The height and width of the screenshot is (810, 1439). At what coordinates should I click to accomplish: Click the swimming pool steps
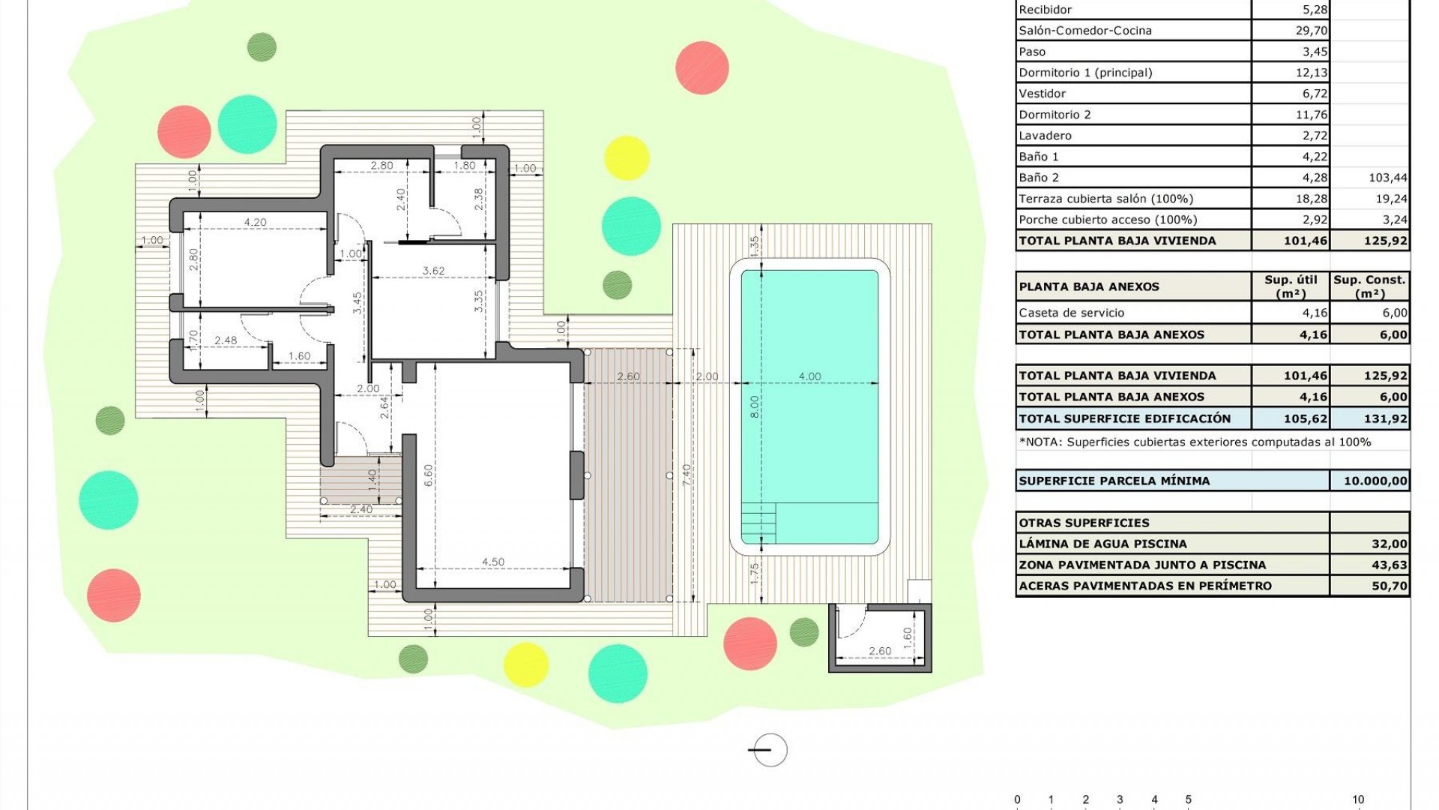click(758, 518)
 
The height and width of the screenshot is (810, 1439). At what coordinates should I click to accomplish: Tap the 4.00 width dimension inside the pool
click(809, 376)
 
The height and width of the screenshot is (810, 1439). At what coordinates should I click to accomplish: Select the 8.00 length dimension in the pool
click(755, 406)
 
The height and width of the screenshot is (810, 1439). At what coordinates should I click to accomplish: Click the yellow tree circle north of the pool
click(627, 158)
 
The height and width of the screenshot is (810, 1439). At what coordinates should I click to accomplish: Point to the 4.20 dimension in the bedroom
click(255, 222)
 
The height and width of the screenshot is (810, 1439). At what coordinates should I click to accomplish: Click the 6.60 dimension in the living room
click(428, 476)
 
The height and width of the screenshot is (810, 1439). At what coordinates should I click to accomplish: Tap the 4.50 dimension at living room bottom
click(492, 562)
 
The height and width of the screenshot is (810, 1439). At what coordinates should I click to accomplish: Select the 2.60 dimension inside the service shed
click(880, 650)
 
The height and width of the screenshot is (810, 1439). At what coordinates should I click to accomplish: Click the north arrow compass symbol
click(770, 749)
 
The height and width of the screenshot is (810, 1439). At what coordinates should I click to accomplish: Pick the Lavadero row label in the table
click(1045, 136)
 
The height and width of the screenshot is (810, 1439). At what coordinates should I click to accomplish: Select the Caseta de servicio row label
click(1071, 313)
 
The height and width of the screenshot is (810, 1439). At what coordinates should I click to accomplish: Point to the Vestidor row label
click(1042, 94)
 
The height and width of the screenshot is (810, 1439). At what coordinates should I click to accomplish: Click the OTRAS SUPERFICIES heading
click(1084, 523)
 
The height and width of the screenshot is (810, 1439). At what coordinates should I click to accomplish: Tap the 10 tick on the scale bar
click(1358, 799)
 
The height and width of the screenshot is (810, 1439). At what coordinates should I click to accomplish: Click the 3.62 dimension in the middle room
click(433, 271)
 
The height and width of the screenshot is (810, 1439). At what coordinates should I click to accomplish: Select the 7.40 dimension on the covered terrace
click(687, 475)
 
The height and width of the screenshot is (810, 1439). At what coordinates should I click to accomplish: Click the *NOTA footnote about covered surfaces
click(1195, 442)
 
